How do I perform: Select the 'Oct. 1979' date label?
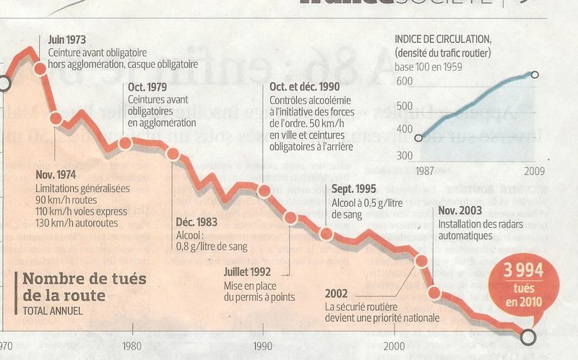[x=148, y=88]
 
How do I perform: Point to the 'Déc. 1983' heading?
[x=197, y=222]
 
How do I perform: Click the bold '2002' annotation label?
[x=337, y=293]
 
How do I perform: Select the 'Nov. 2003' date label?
[x=461, y=210]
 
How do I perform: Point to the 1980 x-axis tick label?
[x=131, y=344]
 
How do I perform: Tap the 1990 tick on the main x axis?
[x=262, y=344]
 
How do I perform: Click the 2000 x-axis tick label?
[x=394, y=344]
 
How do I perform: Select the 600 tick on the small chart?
[x=404, y=82]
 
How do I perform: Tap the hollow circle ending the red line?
[x=529, y=336]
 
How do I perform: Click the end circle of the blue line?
[x=535, y=74]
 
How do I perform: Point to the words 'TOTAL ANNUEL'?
[x=51, y=312]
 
